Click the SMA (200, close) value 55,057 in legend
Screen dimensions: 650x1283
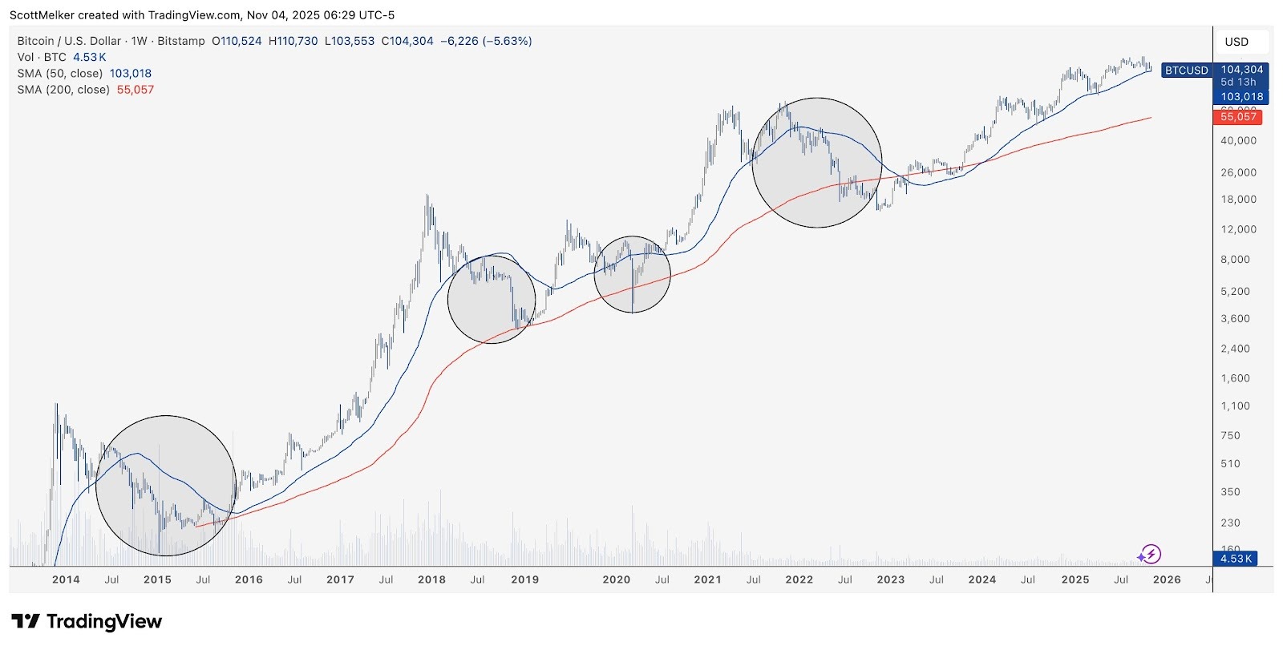click(135, 90)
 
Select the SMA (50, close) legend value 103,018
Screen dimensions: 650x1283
click(130, 74)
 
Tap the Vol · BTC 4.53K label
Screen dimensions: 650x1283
click(62, 58)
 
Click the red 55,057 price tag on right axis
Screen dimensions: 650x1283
click(1238, 117)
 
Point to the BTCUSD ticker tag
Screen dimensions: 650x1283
click(1186, 71)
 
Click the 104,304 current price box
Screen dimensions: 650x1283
click(1242, 70)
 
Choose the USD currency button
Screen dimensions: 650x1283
click(1236, 42)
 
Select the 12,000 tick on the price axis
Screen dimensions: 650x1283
click(1238, 229)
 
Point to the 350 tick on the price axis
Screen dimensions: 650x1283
click(1230, 492)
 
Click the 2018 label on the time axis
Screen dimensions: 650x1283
click(431, 579)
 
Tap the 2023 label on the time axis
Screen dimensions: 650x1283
click(890, 579)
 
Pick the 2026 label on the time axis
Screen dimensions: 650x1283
click(1166, 579)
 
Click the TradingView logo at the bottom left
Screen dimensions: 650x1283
click(87, 621)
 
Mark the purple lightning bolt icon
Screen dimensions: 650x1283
click(1150, 554)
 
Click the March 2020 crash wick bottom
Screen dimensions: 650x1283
click(633, 311)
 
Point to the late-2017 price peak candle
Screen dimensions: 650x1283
click(427, 197)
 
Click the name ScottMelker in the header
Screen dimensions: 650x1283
click(42, 15)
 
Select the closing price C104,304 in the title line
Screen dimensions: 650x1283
click(407, 41)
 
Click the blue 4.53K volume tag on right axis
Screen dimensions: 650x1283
click(1236, 559)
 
